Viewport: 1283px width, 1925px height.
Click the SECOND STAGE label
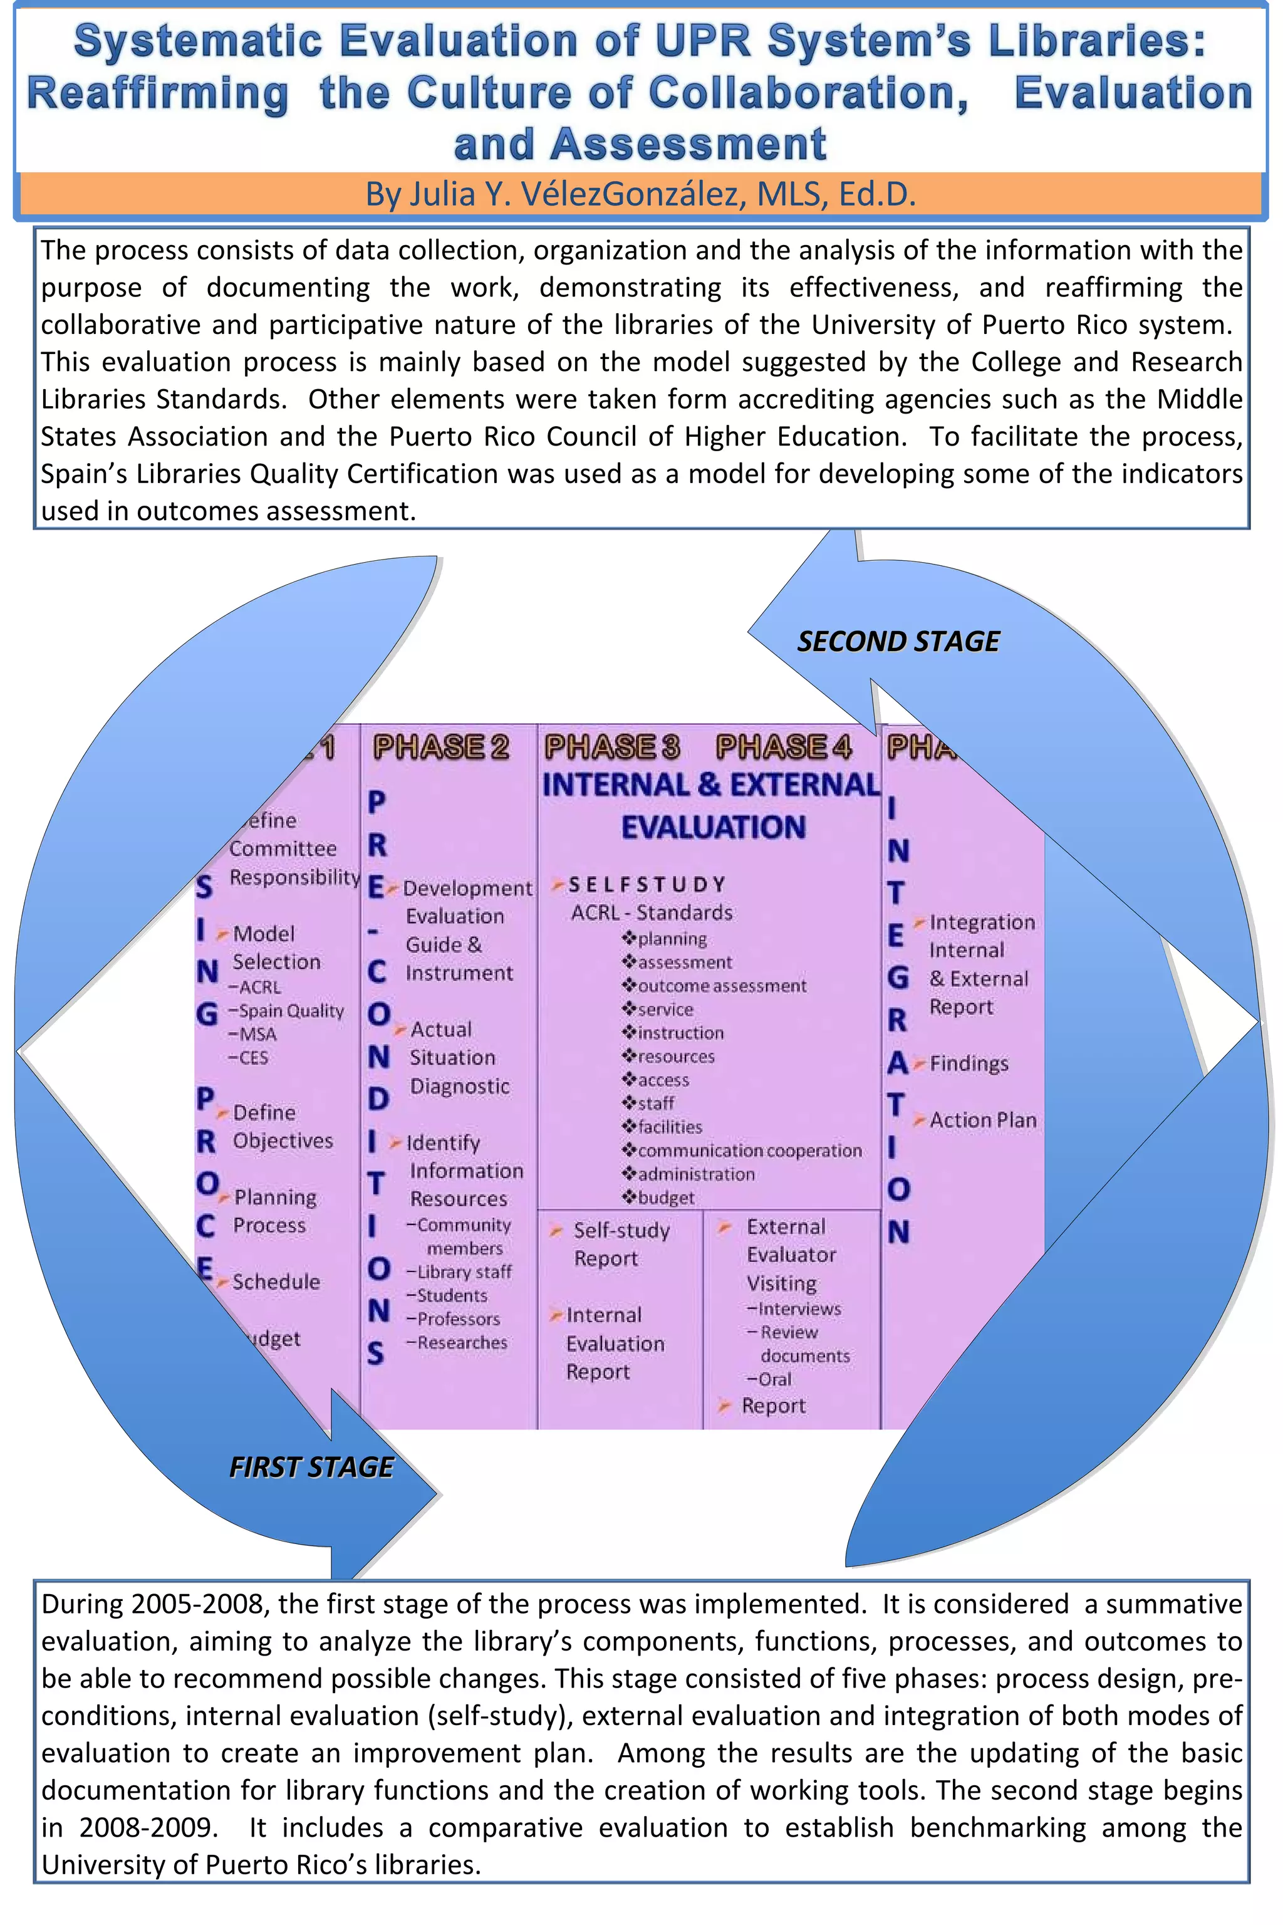coord(898,641)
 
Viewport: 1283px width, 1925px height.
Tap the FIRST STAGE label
coord(311,1467)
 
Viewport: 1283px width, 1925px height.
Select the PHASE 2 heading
coord(441,746)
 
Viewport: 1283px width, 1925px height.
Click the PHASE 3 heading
coord(612,746)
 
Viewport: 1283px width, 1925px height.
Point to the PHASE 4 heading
coord(783,746)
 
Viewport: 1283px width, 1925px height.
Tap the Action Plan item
coord(982,1120)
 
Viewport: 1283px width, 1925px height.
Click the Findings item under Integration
coord(968,1063)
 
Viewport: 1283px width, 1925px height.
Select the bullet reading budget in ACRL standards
coord(666,1197)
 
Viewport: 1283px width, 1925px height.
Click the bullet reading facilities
coord(669,1127)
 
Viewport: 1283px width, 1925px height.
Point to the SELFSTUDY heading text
coord(647,885)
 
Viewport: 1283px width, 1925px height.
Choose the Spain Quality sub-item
coord(291,1011)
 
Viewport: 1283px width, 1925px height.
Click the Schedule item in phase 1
coord(276,1281)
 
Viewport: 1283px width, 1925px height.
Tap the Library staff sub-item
coord(464,1272)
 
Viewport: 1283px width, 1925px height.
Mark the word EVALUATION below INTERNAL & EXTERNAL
coord(713,827)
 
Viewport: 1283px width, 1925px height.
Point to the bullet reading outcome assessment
coord(722,986)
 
